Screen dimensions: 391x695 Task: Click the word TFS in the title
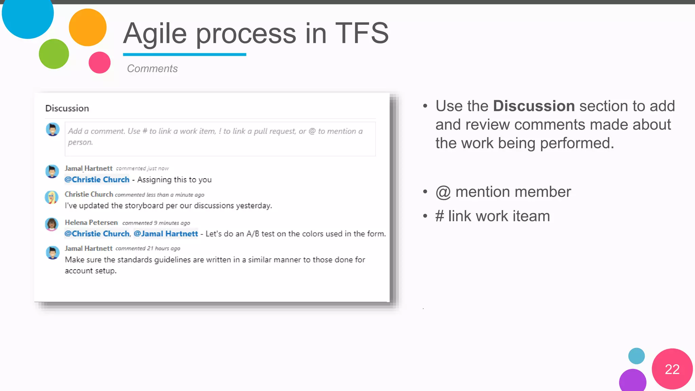(362, 33)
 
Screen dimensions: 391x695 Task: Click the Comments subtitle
(152, 69)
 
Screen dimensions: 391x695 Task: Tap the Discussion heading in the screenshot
(67, 108)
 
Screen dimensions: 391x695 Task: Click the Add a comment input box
(220, 139)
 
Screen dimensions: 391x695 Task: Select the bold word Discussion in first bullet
(533, 106)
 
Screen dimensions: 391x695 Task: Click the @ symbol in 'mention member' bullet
(443, 192)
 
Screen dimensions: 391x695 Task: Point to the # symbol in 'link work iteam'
(439, 216)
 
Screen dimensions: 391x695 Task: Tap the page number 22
(672, 369)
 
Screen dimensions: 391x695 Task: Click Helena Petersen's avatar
(52, 224)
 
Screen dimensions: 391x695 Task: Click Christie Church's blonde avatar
(52, 197)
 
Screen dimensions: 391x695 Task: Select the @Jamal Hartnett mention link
(166, 234)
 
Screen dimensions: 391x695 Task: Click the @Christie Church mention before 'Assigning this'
(97, 180)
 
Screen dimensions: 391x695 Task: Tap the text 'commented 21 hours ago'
(148, 248)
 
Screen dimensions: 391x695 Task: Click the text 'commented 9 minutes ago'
(156, 223)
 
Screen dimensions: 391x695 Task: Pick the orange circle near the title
(88, 27)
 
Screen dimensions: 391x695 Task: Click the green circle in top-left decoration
(54, 54)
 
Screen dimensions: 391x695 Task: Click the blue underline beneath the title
(184, 54)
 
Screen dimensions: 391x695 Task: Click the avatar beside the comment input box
(53, 129)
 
